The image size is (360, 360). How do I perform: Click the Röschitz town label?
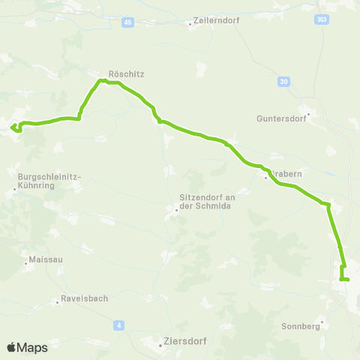(126, 74)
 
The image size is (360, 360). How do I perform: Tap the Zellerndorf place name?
(217, 21)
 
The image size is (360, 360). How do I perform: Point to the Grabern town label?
(286, 173)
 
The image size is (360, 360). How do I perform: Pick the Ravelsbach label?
(85, 298)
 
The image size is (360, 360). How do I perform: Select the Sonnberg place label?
(301, 326)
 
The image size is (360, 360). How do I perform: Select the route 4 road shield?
(118, 325)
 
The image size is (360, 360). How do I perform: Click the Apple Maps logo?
(27, 347)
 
